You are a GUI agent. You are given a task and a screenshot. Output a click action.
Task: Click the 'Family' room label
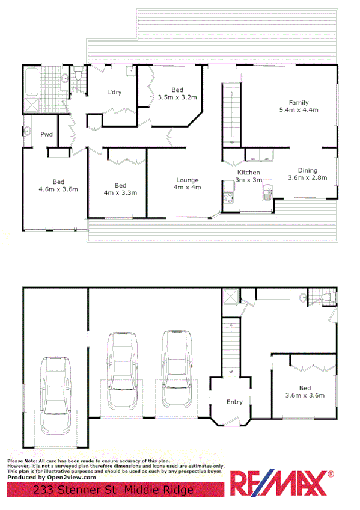click(298, 102)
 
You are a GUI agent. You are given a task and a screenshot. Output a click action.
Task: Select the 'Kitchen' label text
click(248, 173)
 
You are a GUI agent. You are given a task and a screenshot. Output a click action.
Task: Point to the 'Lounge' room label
click(188, 180)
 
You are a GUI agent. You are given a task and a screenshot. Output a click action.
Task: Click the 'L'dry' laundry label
click(114, 93)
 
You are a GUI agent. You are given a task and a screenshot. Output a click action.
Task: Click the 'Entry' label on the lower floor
click(234, 402)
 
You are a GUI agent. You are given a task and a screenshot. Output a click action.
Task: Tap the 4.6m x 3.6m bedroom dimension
click(58, 189)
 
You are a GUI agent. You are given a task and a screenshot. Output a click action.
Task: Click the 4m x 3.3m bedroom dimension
click(120, 193)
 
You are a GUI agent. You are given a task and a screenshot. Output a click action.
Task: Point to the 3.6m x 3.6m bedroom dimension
click(304, 395)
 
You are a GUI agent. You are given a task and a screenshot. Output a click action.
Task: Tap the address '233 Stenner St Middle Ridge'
click(114, 490)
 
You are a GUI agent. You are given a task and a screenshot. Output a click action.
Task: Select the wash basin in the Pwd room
click(26, 132)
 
